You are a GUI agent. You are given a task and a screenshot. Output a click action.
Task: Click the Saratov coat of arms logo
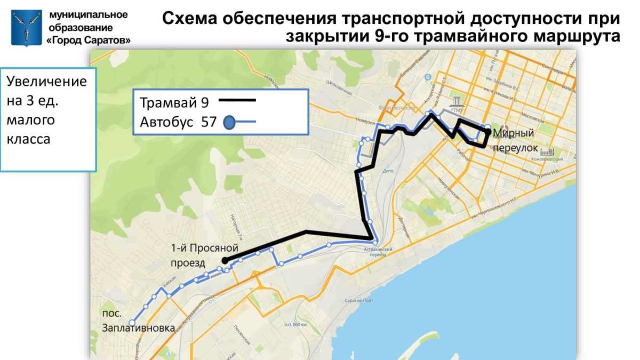(x=26, y=27)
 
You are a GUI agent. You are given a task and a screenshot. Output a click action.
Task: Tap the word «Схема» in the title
(x=189, y=19)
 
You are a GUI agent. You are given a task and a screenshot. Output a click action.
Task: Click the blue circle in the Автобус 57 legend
(x=229, y=123)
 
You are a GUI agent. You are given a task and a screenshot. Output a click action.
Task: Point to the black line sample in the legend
(x=237, y=100)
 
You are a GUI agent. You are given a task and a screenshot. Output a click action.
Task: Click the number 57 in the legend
(x=209, y=122)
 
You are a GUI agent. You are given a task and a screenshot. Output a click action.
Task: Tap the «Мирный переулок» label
(x=514, y=140)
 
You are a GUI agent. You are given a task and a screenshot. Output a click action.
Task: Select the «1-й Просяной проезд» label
(x=204, y=255)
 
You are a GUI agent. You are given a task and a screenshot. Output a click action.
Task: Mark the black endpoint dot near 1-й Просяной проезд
(x=225, y=260)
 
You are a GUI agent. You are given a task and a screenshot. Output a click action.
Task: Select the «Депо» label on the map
(x=389, y=172)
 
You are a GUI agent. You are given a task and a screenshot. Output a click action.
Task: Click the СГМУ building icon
(x=457, y=102)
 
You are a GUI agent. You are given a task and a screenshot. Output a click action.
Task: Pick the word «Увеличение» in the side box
(x=47, y=82)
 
